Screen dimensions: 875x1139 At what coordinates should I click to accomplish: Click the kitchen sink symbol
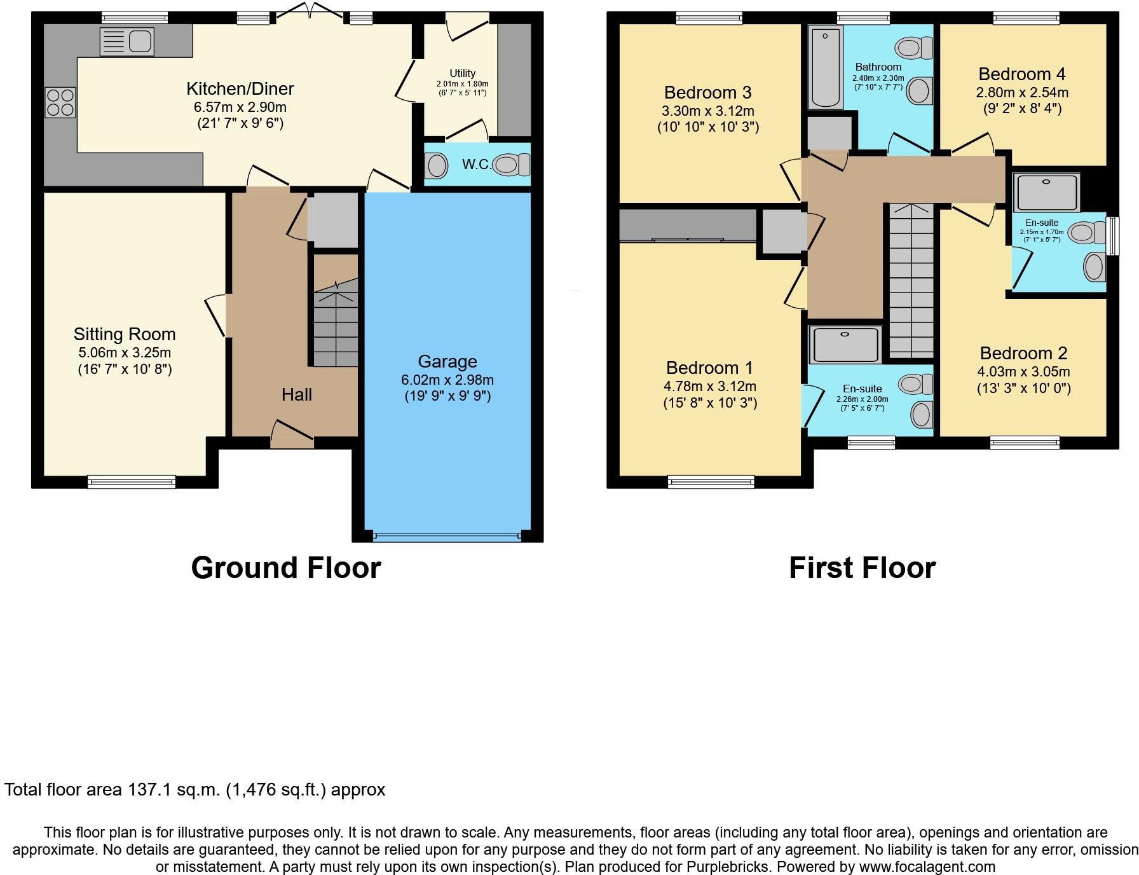click(x=127, y=41)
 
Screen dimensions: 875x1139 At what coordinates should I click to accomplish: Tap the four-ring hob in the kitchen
click(x=60, y=102)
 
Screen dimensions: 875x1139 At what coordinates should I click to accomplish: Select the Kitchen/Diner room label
click(x=240, y=88)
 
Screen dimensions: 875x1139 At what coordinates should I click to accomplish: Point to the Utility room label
click(x=462, y=73)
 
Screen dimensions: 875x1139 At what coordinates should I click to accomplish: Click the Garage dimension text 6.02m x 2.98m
click(x=447, y=380)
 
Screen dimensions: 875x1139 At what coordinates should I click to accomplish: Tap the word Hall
click(x=296, y=394)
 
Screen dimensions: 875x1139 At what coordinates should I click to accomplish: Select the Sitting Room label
click(x=125, y=334)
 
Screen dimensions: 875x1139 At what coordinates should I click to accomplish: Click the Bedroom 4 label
click(x=1022, y=74)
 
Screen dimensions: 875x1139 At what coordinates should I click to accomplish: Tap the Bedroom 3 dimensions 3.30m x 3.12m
click(x=707, y=111)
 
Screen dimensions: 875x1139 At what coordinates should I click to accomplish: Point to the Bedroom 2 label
click(x=1023, y=353)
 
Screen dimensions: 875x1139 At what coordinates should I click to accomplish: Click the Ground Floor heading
click(x=285, y=567)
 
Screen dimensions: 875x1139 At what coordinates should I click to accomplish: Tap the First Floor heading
click(x=862, y=567)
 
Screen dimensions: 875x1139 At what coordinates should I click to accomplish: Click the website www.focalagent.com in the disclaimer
click(x=927, y=866)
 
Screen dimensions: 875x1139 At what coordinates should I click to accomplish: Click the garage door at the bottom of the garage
click(x=447, y=537)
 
